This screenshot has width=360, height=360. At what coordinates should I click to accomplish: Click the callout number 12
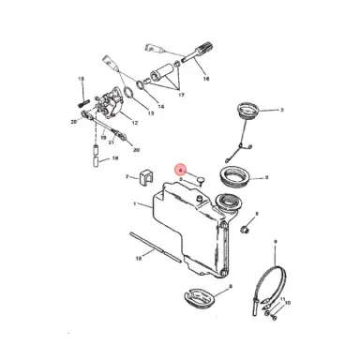(135, 123)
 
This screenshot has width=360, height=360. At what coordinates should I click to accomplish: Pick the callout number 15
(82, 81)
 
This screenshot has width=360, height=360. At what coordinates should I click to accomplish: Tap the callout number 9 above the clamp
(275, 242)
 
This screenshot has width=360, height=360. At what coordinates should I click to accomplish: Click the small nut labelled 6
(243, 228)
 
